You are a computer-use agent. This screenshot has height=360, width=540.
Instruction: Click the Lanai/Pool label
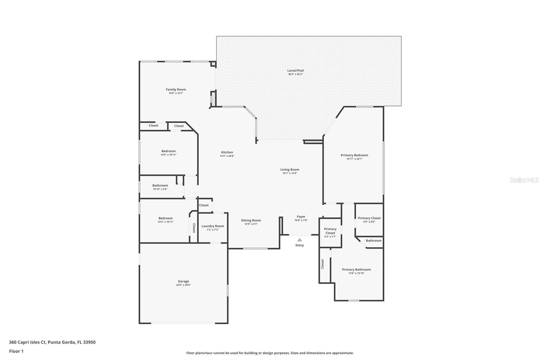tap(295, 71)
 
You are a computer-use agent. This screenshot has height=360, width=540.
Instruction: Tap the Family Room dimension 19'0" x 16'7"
tap(175, 93)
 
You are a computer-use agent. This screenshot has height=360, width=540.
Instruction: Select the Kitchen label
tap(227, 152)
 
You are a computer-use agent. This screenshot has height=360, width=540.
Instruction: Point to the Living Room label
tap(290, 170)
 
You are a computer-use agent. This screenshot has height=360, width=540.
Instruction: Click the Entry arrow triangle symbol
tap(299, 240)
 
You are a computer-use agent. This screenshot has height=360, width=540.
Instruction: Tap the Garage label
tap(183, 281)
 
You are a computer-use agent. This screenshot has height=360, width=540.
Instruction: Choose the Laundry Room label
tap(213, 226)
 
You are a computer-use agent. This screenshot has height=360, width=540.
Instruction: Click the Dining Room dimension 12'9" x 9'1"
tap(251, 224)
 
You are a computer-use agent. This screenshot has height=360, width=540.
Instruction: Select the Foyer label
tap(301, 216)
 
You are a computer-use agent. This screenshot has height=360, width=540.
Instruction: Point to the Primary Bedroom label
tap(354, 155)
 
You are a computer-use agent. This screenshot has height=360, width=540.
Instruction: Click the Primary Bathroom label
tap(356, 269)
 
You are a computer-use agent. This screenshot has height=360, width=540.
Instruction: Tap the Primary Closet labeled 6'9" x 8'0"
tap(369, 218)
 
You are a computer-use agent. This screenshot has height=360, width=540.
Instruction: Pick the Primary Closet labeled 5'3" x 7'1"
tap(330, 231)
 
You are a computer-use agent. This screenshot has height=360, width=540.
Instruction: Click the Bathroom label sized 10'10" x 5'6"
tap(160, 185)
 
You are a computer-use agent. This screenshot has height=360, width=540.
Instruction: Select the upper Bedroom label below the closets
tap(168, 151)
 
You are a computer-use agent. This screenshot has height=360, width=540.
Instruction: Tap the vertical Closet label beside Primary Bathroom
tap(323, 264)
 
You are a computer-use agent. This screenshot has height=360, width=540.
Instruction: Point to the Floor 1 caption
tap(16, 351)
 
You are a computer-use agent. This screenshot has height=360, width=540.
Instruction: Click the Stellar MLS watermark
tap(524, 180)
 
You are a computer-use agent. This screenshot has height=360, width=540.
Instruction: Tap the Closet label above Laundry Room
tap(204, 205)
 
